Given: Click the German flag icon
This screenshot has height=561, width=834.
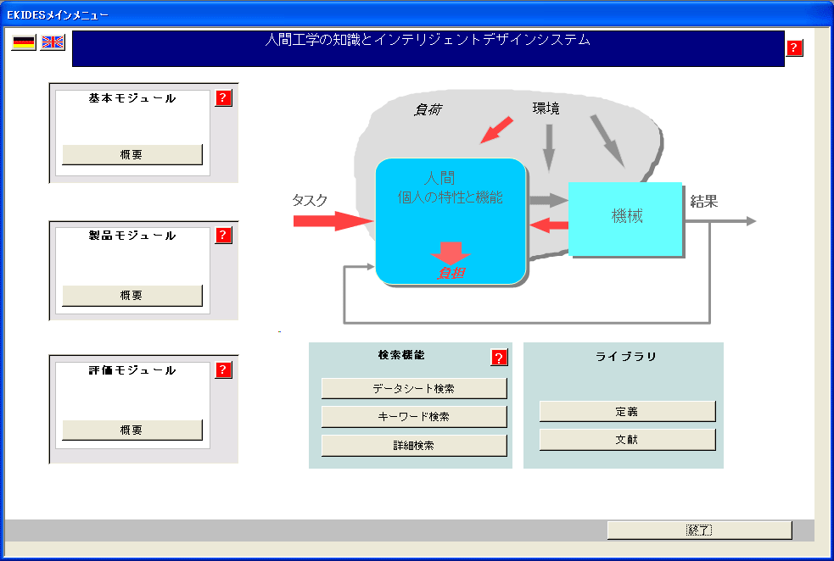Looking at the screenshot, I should click(24, 42).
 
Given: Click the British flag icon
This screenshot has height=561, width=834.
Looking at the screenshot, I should click(53, 42).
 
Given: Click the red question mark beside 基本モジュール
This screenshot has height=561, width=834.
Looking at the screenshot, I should click(223, 98).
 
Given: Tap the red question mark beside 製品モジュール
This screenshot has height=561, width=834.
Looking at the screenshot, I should click(223, 236).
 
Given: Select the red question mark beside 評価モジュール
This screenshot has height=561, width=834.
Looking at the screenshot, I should click(223, 370).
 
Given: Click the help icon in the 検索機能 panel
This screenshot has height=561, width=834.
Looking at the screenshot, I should click(499, 358).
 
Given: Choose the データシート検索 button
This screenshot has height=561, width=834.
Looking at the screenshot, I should click(414, 389).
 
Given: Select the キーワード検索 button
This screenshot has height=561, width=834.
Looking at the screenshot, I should click(414, 417).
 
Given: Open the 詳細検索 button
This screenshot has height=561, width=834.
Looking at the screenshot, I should click(414, 446).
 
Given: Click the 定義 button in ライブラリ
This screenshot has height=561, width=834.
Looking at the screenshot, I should click(627, 412).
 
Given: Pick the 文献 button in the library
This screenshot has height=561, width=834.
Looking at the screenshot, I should click(627, 440).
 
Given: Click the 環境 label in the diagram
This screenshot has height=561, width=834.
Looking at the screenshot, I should click(546, 108).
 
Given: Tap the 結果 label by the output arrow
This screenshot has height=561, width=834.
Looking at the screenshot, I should click(704, 202).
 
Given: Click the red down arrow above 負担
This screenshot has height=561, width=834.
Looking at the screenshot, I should click(451, 253).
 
